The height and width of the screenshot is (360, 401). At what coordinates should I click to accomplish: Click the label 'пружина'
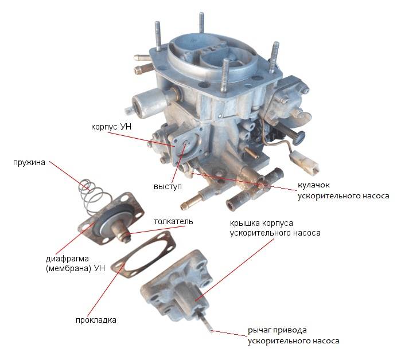[x=29, y=163]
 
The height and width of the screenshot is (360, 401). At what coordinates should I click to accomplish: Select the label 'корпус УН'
[x=111, y=127]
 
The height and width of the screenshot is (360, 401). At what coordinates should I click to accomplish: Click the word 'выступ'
[x=168, y=186]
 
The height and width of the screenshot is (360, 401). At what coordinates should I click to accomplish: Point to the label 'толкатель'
[x=173, y=221]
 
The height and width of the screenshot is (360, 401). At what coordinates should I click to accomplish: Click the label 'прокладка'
[x=96, y=320]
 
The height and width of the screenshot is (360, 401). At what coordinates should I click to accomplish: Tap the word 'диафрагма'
[x=67, y=259]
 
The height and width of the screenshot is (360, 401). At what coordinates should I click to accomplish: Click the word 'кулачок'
[x=314, y=185]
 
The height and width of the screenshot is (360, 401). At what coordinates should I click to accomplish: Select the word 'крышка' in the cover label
[x=244, y=224]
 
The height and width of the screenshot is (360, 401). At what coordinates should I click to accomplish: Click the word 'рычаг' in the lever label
[x=259, y=330]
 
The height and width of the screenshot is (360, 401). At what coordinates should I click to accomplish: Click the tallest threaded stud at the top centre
[x=201, y=24]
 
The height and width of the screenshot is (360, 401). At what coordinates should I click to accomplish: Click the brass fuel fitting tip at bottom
[x=183, y=205]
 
